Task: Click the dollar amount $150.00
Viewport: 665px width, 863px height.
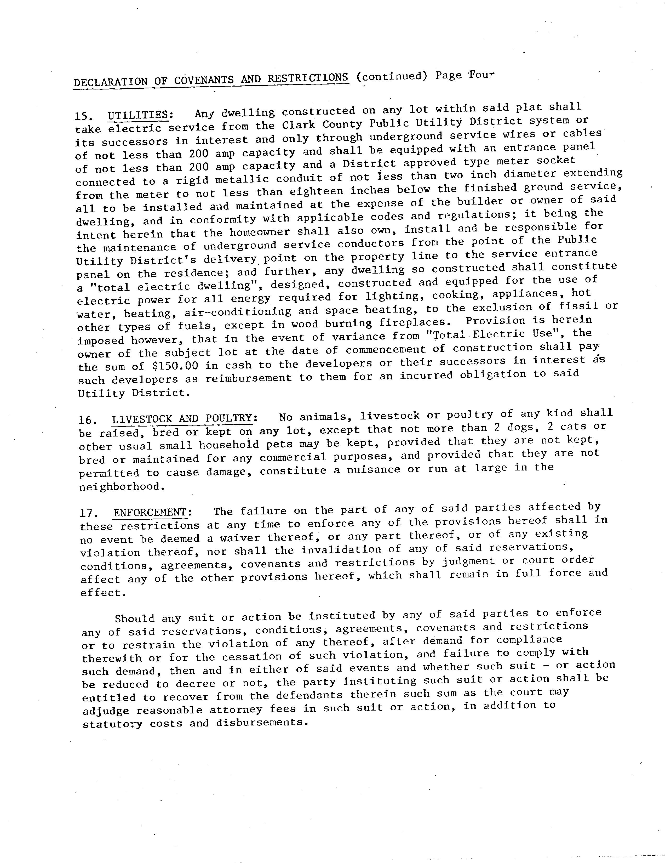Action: tap(175, 366)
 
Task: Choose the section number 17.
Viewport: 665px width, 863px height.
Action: tap(87, 514)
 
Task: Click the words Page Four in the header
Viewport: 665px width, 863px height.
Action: tap(465, 75)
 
